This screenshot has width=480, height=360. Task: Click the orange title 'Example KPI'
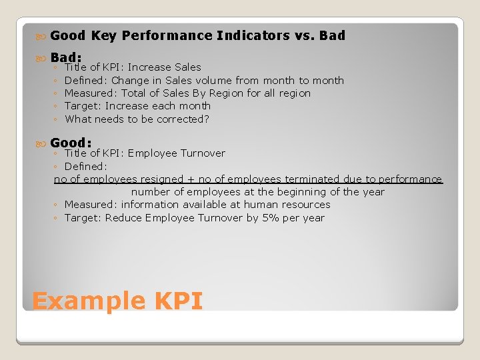point(117,301)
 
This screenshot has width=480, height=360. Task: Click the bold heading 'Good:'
point(71,143)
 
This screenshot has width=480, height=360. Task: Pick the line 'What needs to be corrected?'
point(137,119)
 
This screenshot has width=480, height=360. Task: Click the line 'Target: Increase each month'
point(137,106)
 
